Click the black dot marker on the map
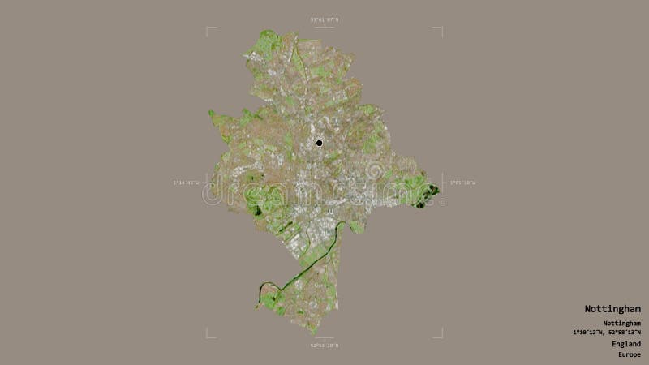(x=319, y=144)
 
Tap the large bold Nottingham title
(x=612, y=309)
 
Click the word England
(x=626, y=344)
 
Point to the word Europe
(x=628, y=354)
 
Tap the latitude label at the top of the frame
(x=324, y=19)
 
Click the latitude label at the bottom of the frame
(x=324, y=346)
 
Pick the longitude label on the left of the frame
(x=186, y=183)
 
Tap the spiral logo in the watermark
(x=374, y=171)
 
